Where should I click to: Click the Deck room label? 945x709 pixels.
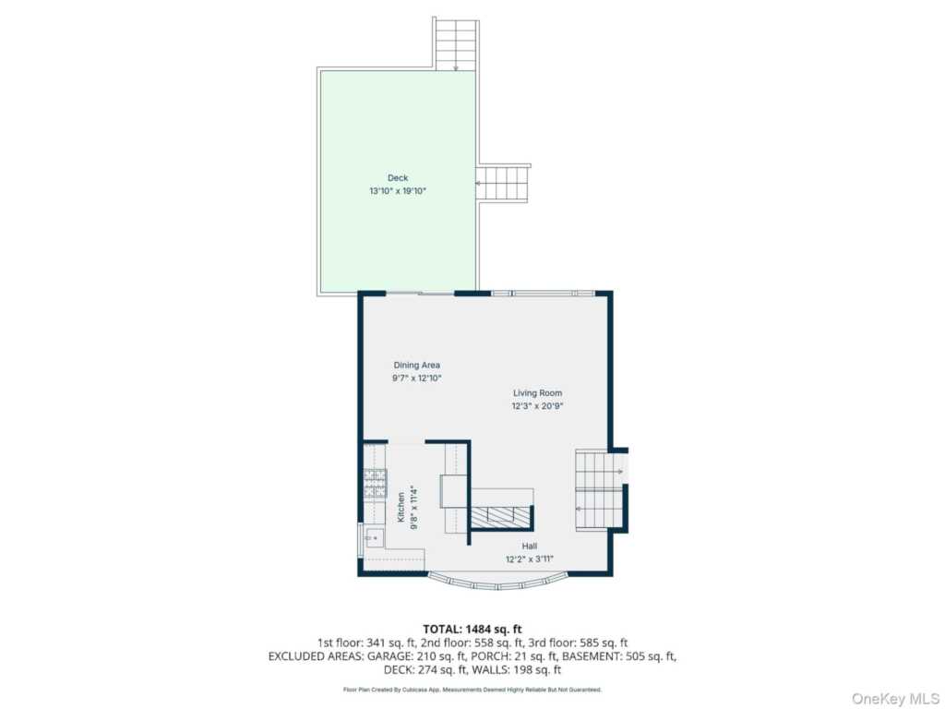click(398, 178)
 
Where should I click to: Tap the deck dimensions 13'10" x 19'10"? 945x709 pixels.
click(398, 191)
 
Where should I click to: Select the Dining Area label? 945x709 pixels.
click(417, 365)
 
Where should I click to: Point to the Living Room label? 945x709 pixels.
click(538, 393)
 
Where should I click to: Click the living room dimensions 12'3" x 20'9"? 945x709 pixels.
click(538, 406)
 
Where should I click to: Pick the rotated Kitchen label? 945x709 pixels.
click(401, 507)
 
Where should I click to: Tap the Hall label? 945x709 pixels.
click(530, 547)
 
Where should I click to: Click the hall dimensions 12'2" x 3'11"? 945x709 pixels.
click(530, 559)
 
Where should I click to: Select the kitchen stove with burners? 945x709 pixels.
click(375, 484)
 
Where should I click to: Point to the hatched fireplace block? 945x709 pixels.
click(500, 517)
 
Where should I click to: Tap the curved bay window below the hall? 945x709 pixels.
click(499, 582)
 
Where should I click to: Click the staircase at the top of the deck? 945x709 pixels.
click(456, 44)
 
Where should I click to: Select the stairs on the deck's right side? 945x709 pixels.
click(503, 184)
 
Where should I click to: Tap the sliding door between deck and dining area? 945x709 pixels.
click(420, 294)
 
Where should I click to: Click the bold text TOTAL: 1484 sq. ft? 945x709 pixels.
click(472, 630)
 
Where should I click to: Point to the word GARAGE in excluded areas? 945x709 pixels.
click(390, 656)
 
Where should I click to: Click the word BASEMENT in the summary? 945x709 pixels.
click(591, 656)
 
